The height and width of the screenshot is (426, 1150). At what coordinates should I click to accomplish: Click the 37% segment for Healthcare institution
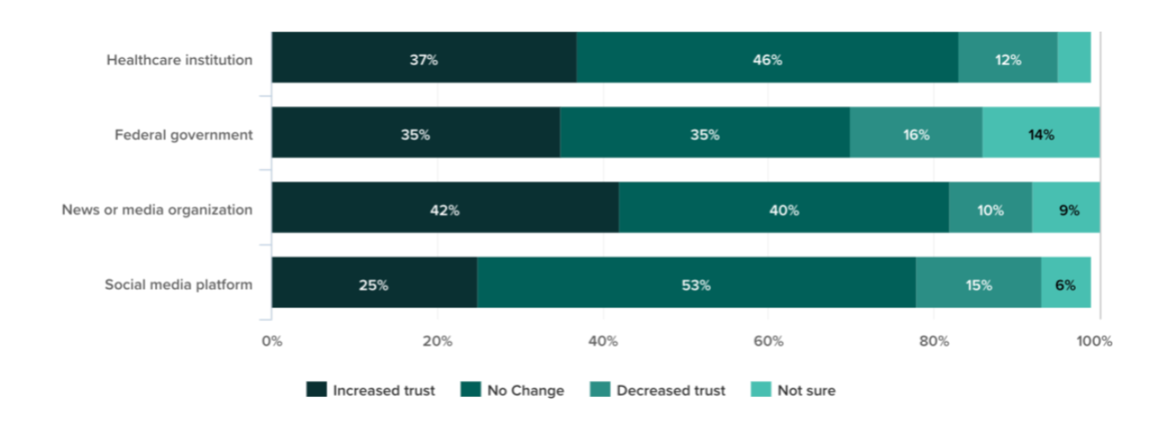[x=424, y=57]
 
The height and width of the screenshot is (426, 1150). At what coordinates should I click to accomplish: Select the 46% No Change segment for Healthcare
[x=767, y=57]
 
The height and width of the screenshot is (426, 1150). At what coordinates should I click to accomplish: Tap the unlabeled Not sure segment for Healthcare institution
[x=1074, y=57]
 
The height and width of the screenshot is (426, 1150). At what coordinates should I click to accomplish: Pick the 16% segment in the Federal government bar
[x=916, y=133]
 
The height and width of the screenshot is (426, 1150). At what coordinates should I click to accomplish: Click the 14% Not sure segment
[x=1041, y=133]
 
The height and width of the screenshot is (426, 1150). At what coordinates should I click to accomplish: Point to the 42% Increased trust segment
[x=445, y=208]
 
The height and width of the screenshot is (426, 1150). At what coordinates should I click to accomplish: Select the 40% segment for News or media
[x=784, y=208]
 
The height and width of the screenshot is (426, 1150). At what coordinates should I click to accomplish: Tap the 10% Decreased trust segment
[x=990, y=208]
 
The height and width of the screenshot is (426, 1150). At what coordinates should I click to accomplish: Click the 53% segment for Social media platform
[x=696, y=283]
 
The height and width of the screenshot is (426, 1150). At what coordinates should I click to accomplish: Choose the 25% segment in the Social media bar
[x=374, y=283]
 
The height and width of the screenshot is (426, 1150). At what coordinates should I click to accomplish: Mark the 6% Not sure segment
[x=1066, y=283]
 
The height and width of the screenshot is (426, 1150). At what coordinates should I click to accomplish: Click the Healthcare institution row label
[x=179, y=60]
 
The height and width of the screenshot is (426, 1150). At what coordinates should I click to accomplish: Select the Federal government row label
[x=183, y=135]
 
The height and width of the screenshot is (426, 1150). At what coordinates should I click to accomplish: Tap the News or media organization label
[x=157, y=210]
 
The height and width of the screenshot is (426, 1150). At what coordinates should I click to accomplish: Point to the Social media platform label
[x=178, y=285]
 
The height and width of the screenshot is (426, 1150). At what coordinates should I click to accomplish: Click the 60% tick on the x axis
[x=768, y=340]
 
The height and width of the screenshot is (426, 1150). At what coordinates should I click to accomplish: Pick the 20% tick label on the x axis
[x=437, y=340]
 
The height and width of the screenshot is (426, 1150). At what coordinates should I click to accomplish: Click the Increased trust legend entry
[x=371, y=390]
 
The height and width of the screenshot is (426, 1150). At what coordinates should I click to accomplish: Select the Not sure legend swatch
[x=761, y=390]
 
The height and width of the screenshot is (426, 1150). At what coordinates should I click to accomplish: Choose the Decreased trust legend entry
[x=659, y=390]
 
